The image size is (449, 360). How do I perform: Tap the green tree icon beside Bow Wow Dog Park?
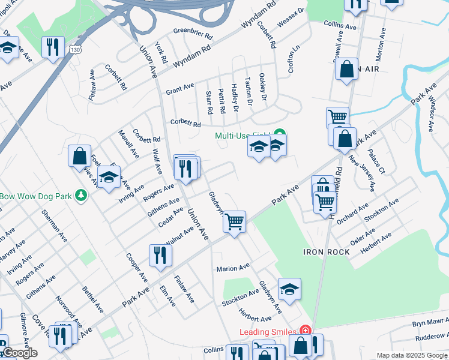tap(79, 196)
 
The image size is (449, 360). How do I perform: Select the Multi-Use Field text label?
tap(243, 136)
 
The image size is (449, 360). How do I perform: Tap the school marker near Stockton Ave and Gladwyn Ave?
tap(289, 290)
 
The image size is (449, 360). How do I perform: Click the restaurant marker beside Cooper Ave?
tap(160, 254)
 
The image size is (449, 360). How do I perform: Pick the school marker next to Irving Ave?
tap(109, 177)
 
